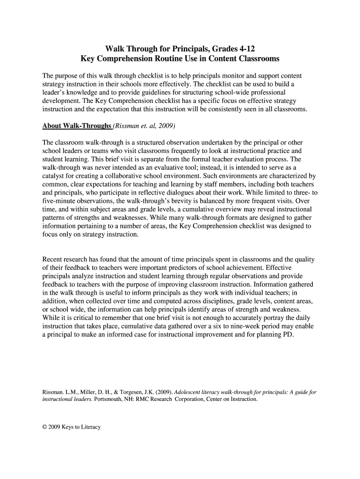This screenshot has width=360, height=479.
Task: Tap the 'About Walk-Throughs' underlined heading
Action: (x=77, y=126)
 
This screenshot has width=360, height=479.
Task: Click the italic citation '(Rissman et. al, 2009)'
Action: (x=144, y=126)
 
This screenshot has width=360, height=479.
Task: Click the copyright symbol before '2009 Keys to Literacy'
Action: (x=45, y=427)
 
